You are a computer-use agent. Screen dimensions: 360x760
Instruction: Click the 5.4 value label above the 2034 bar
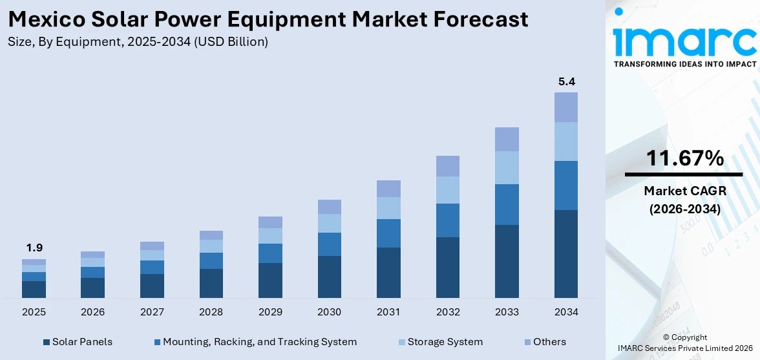pos(566,82)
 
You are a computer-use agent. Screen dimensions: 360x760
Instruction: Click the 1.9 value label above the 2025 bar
pos(34,248)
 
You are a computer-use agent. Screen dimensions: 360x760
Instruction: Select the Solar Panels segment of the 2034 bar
pos(566,253)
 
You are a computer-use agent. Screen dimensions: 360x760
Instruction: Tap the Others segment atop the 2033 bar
pos(507,139)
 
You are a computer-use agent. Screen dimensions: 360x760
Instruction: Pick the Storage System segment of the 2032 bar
pos(448,190)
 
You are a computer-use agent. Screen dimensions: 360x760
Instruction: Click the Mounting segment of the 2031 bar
pos(388,233)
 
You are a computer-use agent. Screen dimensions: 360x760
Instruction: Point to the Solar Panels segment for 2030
pos(329,277)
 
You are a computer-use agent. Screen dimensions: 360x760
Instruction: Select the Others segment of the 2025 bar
pos(34,262)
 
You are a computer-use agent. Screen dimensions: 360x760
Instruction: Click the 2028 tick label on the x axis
pos(211,312)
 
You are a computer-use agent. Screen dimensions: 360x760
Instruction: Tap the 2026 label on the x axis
pos(93,312)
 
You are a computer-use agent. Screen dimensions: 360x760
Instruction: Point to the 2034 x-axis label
pos(566,312)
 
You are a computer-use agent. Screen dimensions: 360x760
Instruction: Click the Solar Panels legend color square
pos(47,342)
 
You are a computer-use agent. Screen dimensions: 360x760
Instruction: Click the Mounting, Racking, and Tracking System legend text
pos(259,342)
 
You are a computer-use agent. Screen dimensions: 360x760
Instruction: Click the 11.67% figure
pos(683,158)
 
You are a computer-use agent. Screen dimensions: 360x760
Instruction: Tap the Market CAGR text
pos(683,191)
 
